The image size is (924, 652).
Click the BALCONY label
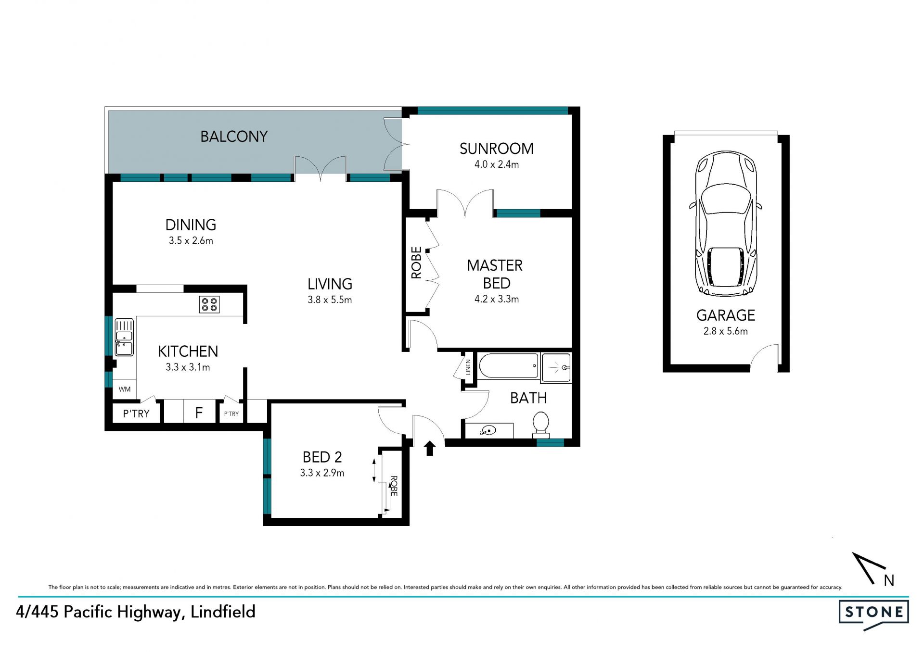point(234,137)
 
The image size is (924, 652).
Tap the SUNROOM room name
point(497,149)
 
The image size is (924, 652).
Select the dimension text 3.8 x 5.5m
point(330,300)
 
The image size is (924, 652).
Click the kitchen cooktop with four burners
point(209,304)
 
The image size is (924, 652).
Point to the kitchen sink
point(124,338)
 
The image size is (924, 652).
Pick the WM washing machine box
point(125,389)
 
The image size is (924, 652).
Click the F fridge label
point(199,413)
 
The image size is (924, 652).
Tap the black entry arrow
point(430,448)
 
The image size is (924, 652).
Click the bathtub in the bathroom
point(509,366)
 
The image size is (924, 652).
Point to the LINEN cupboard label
point(468,367)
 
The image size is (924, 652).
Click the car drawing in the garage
point(726,223)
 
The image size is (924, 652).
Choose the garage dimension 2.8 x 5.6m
point(726,331)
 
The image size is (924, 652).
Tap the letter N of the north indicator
point(889,581)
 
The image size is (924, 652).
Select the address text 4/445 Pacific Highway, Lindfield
point(136,612)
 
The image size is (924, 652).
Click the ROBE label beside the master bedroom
point(416,263)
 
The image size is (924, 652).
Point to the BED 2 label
point(322,457)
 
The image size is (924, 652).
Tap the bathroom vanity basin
point(488,430)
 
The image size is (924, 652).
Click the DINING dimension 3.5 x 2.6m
point(191,240)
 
